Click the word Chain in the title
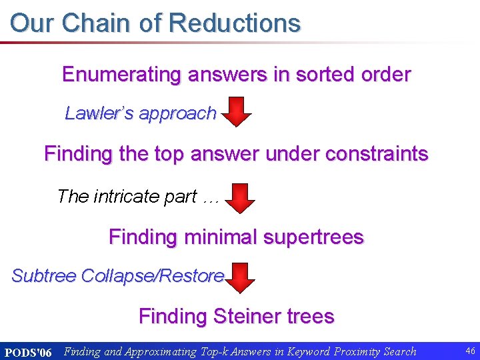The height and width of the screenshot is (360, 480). [x=97, y=23]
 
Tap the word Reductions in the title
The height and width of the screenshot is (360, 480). [x=235, y=23]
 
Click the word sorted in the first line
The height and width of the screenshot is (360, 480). [x=315, y=75]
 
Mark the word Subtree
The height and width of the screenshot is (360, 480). [x=43, y=275]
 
